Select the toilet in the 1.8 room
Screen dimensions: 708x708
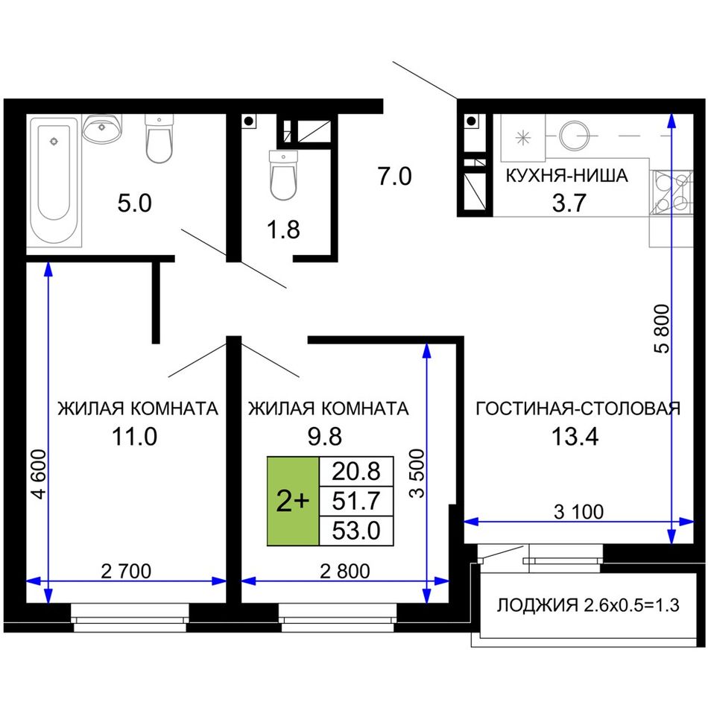(x=283, y=174)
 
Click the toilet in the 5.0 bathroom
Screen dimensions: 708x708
(x=159, y=138)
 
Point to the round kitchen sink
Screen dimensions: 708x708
(x=575, y=135)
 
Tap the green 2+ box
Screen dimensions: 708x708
(x=293, y=502)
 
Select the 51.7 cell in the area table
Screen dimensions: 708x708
(x=356, y=502)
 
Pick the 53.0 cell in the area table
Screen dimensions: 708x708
(x=356, y=531)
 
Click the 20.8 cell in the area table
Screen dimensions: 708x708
(x=356, y=472)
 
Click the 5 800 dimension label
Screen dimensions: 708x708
(x=662, y=329)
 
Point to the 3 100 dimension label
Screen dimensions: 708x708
(x=578, y=512)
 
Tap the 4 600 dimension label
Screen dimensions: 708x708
(x=39, y=474)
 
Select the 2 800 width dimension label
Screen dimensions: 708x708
(x=345, y=571)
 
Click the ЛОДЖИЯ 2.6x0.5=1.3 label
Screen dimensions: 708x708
(x=588, y=605)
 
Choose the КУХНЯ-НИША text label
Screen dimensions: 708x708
(x=566, y=176)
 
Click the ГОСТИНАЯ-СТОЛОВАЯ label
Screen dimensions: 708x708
(x=578, y=408)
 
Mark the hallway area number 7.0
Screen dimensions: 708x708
(x=395, y=176)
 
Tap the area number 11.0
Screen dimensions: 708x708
(x=135, y=437)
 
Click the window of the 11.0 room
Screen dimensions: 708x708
(x=130, y=617)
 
